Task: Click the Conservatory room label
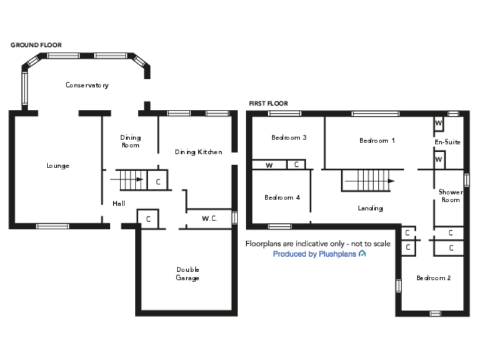(x=87, y=85)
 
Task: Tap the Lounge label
(x=57, y=166)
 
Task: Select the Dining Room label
(x=130, y=141)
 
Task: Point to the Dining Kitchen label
(x=198, y=152)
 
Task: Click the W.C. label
(x=209, y=219)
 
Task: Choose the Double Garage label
(x=187, y=274)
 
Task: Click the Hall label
(x=119, y=204)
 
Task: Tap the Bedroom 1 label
(x=377, y=141)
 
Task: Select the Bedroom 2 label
(x=433, y=277)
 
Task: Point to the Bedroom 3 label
(x=288, y=137)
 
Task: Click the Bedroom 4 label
(x=282, y=197)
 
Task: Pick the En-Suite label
(x=447, y=142)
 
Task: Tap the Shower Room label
(x=450, y=196)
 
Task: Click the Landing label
(x=370, y=208)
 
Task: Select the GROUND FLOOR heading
(x=36, y=45)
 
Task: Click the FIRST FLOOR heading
(x=268, y=104)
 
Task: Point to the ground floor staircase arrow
(x=128, y=180)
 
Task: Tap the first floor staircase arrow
(x=368, y=181)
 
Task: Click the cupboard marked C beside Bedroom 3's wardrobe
(x=296, y=165)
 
